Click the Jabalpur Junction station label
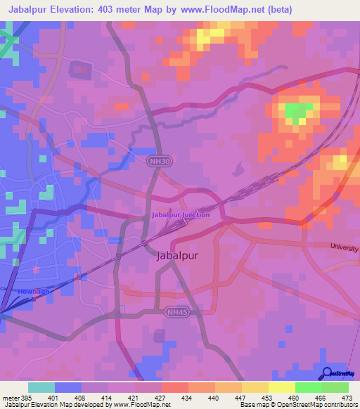click(x=180, y=214)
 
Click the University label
click(x=345, y=249)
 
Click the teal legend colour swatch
click(x=41, y=387)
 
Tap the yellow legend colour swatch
click(x=282, y=387)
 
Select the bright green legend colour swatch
click(x=308, y=387)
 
